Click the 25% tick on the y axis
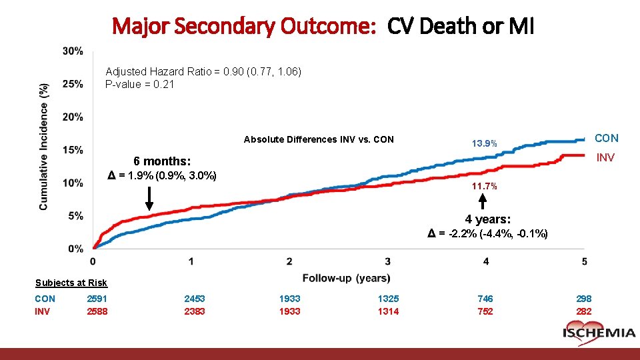[x=73, y=84]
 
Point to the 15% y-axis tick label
[x=73, y=150]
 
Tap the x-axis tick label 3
[x=388, y=261]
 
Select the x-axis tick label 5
[x=584, y=261]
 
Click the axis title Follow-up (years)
[x=346, y=277]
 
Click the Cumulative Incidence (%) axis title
[x=44, y=147]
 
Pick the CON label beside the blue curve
[x=606, y=138]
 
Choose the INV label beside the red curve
[x=605, y=158]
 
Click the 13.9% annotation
[x=485, y=144]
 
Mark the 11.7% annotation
[x=485, y=186]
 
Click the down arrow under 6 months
[x=149, y=198]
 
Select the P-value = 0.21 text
[x=139, y=84]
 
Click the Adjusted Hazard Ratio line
[x=203, y=71]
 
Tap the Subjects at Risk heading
[x=71, y=283]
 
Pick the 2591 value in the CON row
[x=97, y=299]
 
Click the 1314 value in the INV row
[x=388, y=311]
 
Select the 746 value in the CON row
[x=486, y=299]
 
